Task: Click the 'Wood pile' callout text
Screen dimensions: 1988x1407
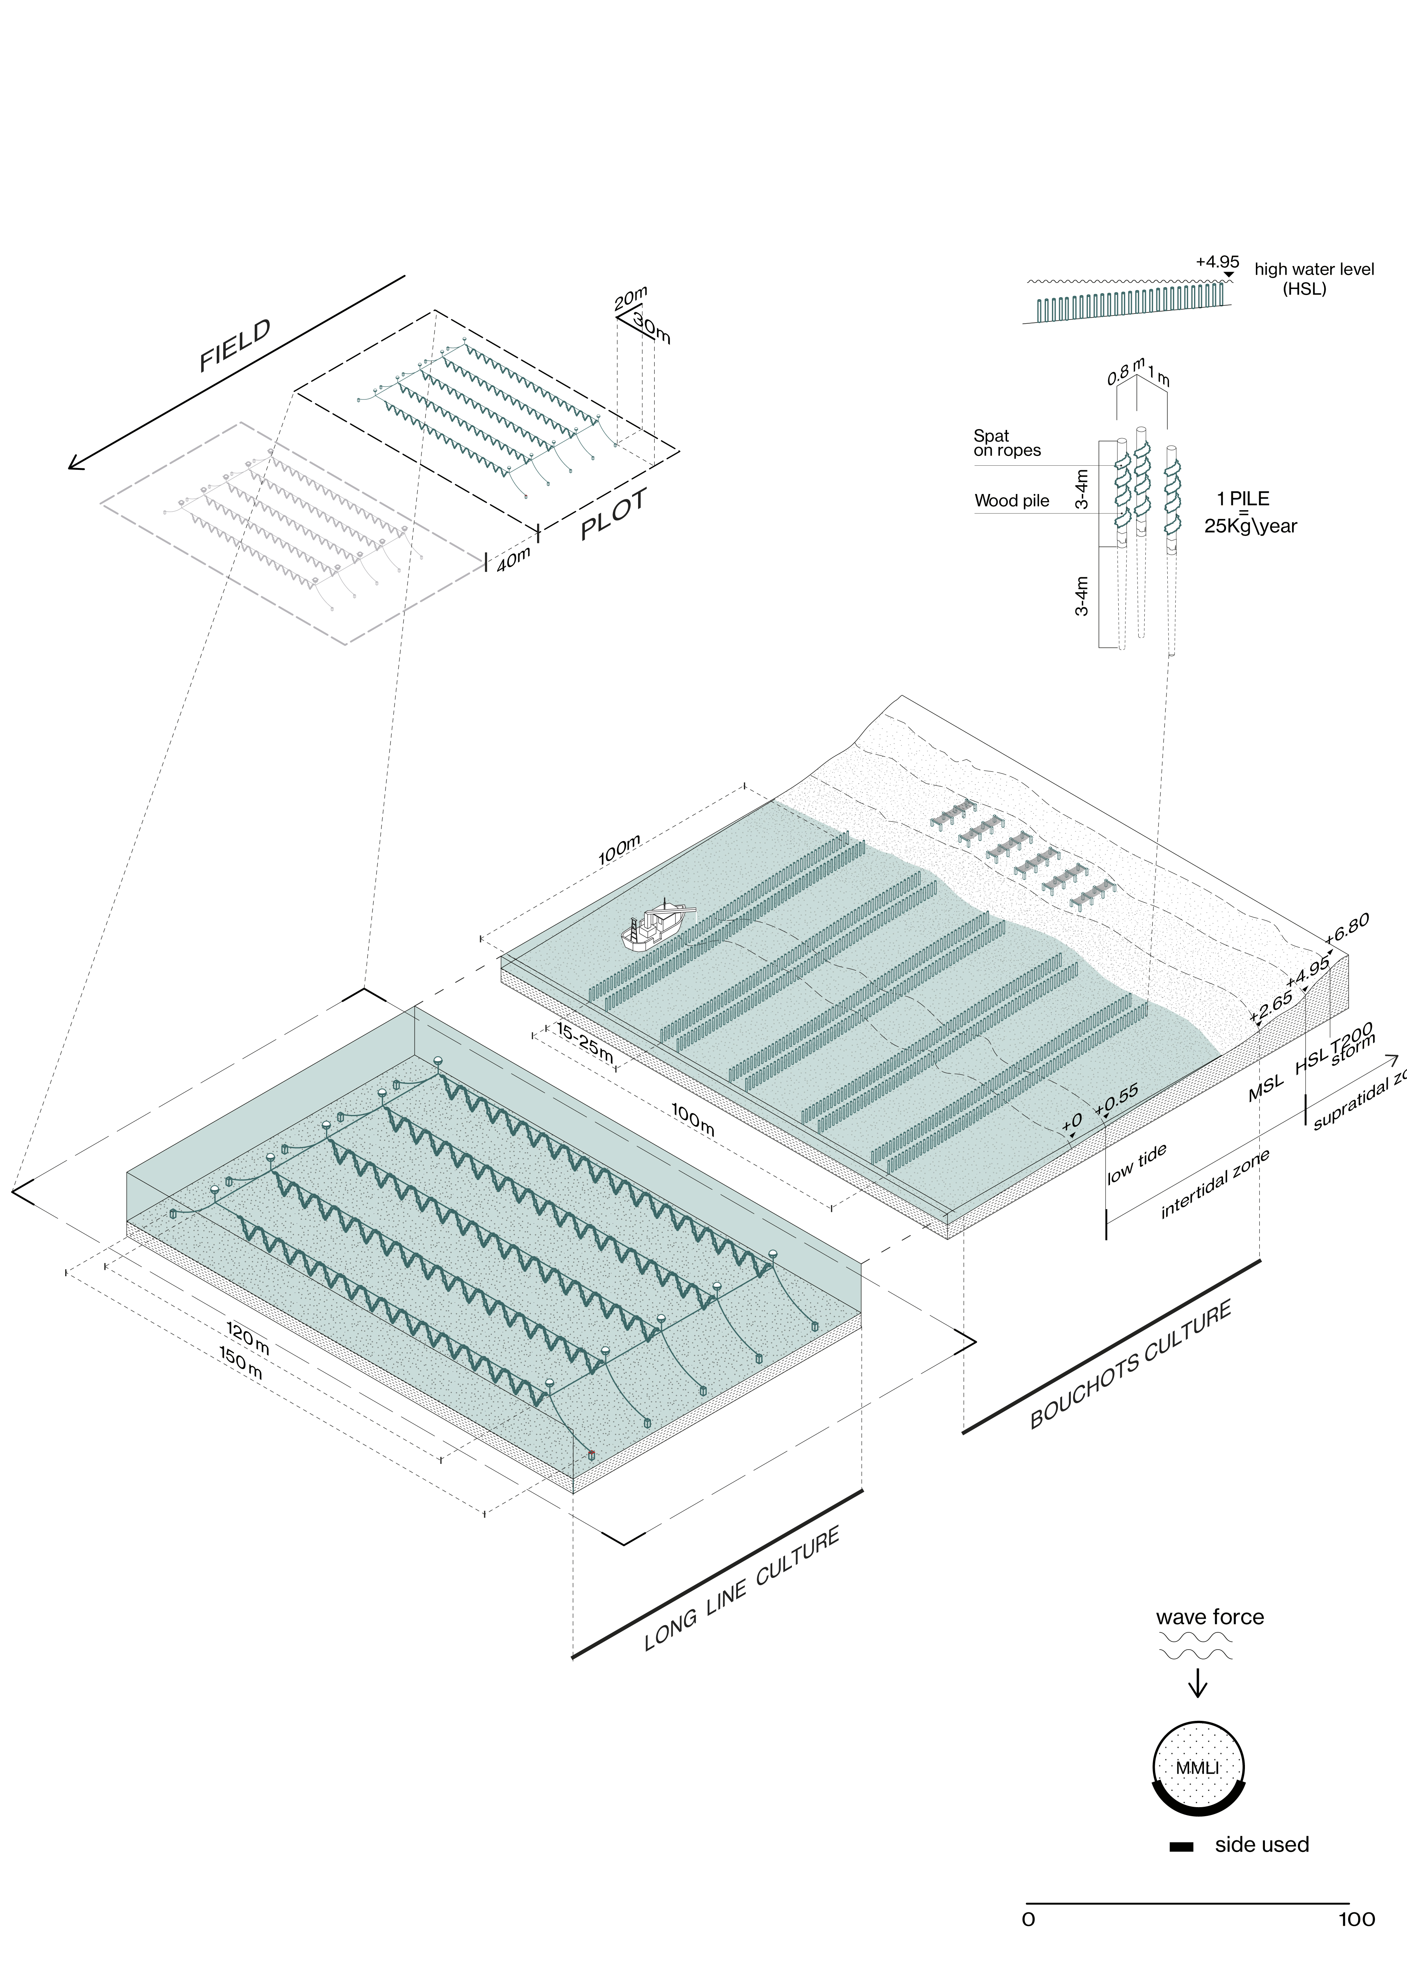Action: (1011, 501)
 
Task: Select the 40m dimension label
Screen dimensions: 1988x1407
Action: (513, 560)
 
